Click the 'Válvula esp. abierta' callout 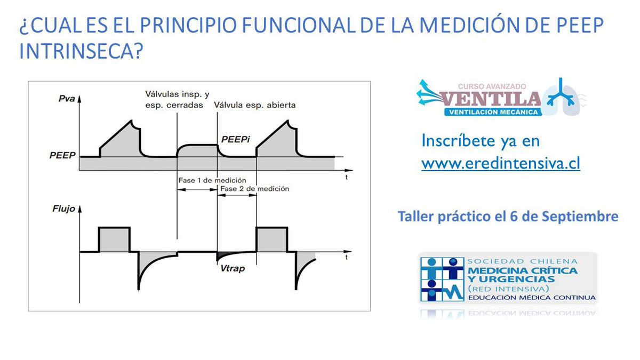pyautogui.click(x=254, y=105)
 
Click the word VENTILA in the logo pyautogui.click(x=491, y=99)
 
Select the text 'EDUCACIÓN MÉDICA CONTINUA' pyautogui.click(x=531, y=297)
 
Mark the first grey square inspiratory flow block pyautogui.click(x=114, y=239)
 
